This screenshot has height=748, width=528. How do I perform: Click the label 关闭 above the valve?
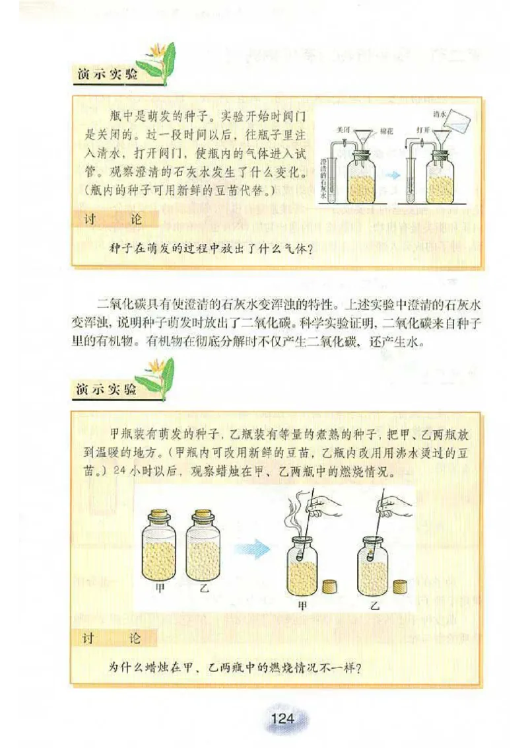(343, 130)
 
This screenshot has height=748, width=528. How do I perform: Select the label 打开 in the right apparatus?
(422, 130)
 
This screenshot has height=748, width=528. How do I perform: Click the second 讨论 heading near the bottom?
(112, 638)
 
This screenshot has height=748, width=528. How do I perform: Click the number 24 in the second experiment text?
(119, 472)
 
